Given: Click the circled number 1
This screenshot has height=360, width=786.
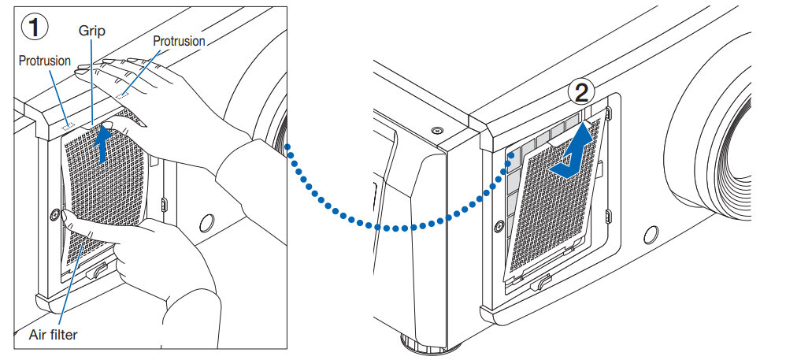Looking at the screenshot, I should [x=35, y=28].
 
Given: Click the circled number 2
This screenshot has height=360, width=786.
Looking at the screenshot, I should [x=580, y=93].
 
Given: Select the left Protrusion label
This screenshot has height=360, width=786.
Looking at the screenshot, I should [x=45, y=61].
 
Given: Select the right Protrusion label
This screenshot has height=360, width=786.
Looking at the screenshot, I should [x=178, y=41].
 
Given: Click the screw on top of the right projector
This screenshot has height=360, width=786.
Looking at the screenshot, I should [x=437, y=128].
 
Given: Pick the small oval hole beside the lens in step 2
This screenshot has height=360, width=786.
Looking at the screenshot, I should [x=649, y=233].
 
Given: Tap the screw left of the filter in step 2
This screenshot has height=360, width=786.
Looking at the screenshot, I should [x=498, y=227].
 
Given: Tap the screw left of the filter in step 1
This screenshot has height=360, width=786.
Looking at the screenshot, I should [x=53, y=214].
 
